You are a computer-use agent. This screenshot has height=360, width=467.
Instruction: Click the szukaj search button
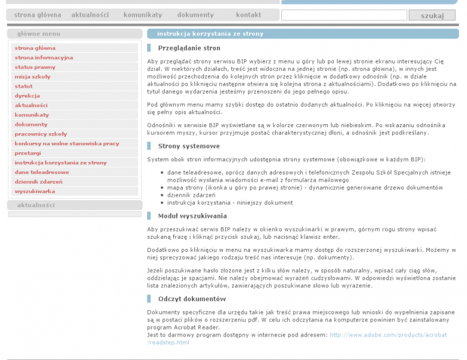click(432, 16)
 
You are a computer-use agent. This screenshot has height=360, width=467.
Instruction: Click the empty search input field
click(348, 16)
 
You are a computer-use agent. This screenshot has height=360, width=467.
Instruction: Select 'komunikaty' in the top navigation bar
click(143, 14)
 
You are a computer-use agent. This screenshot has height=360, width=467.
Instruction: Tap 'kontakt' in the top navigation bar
click(248, 14)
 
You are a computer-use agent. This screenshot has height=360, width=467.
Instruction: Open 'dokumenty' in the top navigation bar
click(195, 14)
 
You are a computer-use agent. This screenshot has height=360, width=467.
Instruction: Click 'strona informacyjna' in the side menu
click(44, 58)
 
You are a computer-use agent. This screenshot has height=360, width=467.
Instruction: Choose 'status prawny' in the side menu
click(35, 67)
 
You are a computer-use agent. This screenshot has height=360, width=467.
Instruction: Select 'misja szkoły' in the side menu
click(32, 77)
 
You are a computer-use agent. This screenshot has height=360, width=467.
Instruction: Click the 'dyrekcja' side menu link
click(27, 95)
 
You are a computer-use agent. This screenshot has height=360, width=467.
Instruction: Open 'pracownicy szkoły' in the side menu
click(41, 134)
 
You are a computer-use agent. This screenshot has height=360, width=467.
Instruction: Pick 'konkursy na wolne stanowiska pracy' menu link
click(67, 143)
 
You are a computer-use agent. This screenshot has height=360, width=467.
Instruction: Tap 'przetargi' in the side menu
click(28, 153)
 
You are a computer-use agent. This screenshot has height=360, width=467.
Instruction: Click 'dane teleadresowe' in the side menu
click(41, 172)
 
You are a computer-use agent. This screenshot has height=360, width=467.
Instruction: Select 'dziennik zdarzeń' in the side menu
click(38, 181)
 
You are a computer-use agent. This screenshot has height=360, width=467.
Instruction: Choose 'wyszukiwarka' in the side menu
click(35, 191)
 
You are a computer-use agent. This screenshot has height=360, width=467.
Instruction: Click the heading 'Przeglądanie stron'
click(189, 48)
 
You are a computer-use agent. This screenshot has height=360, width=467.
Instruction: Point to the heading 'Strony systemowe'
click(189, 146)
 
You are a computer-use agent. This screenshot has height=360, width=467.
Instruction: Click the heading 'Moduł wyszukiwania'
click(192, 215)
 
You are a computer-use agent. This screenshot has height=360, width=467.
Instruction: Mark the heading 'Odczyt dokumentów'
click(192, 299)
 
